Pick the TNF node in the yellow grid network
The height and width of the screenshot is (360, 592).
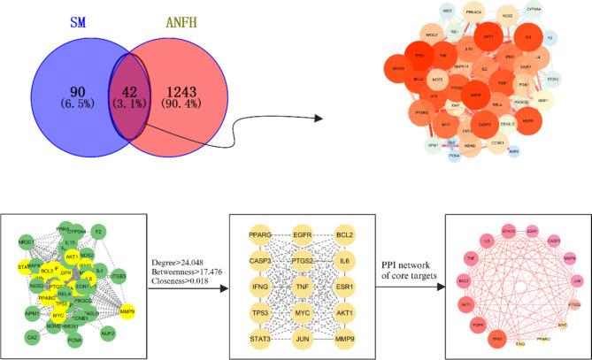302,287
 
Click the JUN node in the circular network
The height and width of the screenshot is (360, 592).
577,282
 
